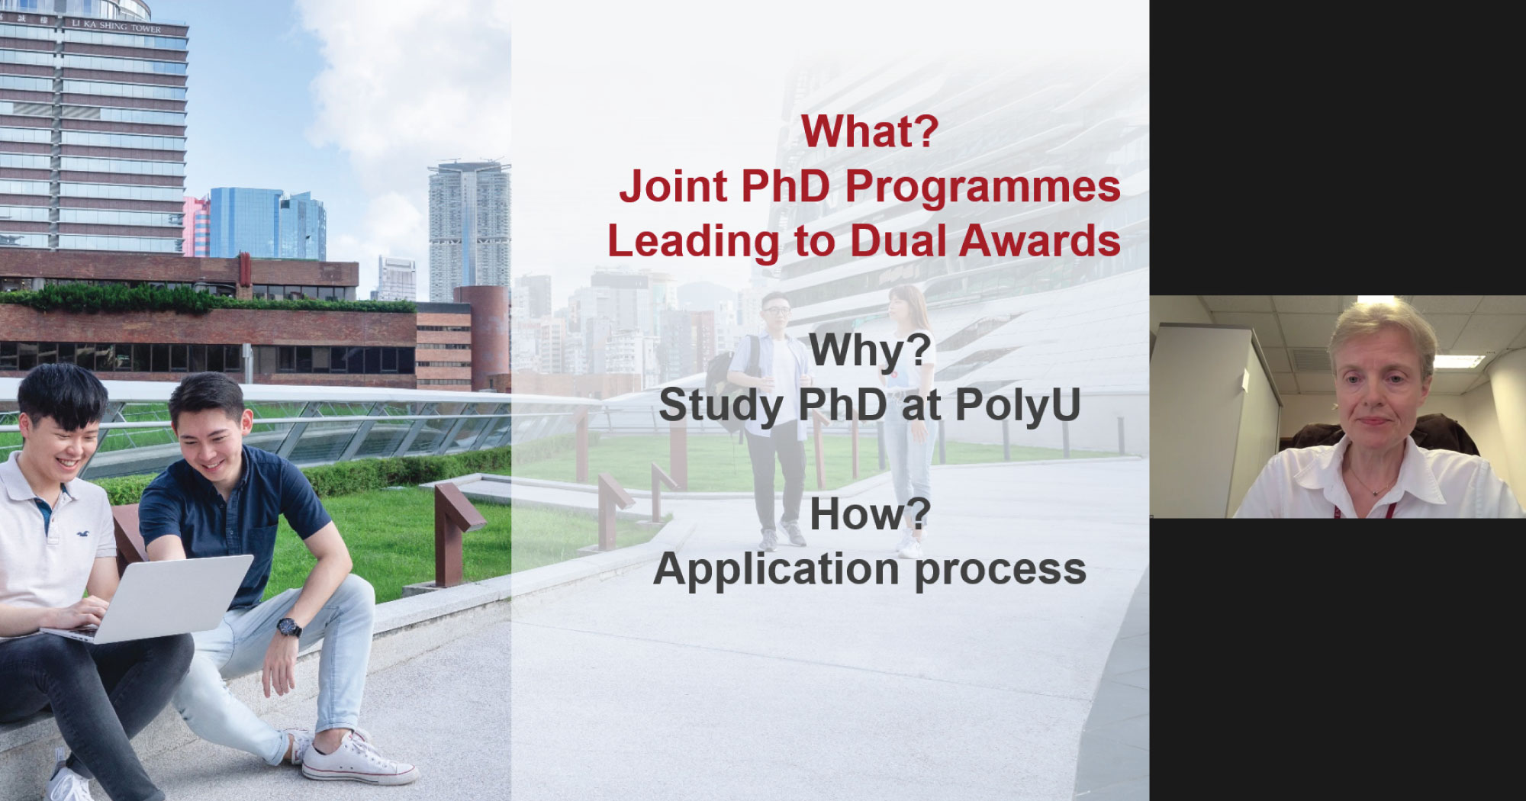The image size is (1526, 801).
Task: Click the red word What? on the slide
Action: point(870,131)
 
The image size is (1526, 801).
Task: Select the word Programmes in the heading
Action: point(983,188)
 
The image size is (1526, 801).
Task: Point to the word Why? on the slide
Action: point(871,351)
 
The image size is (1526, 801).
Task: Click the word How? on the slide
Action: point(871,514)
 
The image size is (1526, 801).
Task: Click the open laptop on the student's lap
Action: point(153,598)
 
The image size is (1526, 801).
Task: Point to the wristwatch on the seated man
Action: point(289,627)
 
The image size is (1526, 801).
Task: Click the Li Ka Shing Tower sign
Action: point(116,26)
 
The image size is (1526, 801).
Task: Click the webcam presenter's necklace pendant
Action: point(1376,493)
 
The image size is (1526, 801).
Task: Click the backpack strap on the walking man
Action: point(754,362)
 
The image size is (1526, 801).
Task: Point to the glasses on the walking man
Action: point(775,310)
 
